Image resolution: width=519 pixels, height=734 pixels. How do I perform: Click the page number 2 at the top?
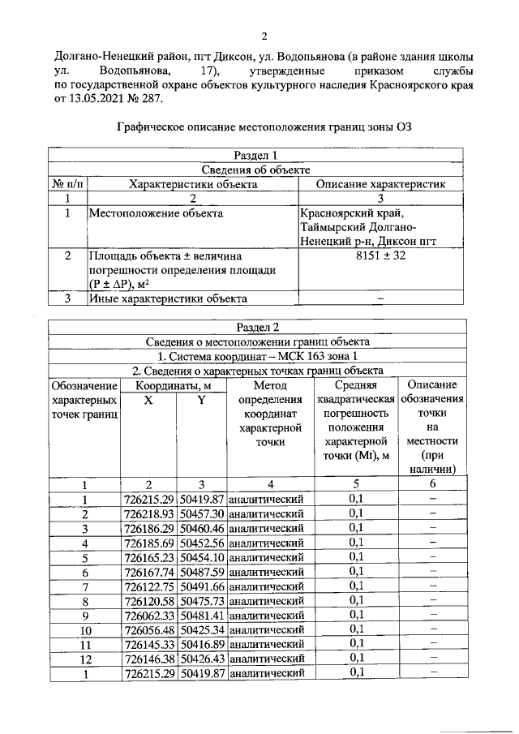pos(264,36)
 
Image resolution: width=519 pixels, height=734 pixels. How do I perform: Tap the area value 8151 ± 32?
pos(380,255)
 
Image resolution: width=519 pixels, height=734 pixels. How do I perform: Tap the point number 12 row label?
pos(84,658)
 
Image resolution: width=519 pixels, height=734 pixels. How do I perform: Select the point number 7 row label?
pos(84,586)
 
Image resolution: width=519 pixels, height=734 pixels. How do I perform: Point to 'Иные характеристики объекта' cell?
pos(167,298)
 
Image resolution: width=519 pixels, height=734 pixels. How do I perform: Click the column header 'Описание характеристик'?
pos(380,184)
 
